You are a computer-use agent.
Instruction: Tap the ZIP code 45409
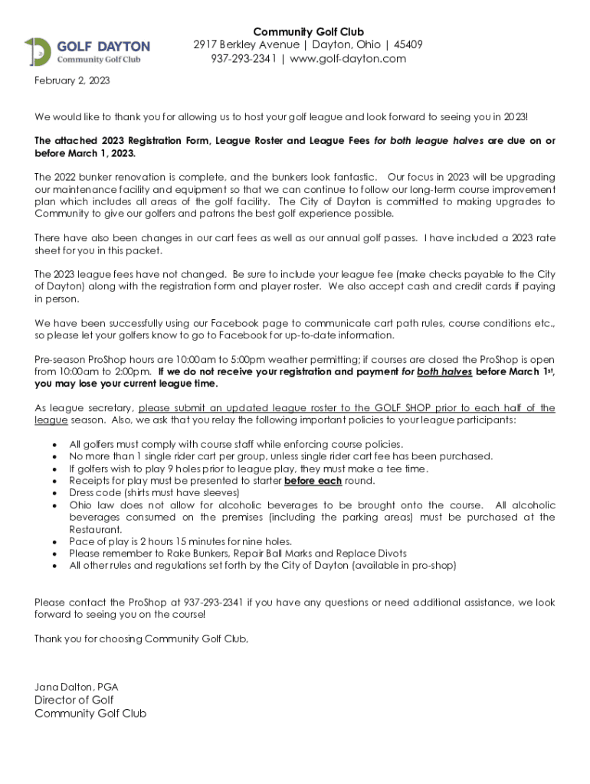pos(407,45)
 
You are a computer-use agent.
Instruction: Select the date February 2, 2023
pos(67,80)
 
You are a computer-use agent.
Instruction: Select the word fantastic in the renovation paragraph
pos(353,177)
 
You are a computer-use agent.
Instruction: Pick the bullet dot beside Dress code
pos(52,493)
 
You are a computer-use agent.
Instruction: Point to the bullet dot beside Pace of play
pos(52,541)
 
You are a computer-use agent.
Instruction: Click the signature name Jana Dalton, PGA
pos(77,687)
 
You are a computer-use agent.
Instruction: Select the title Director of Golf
pos(74,700)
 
